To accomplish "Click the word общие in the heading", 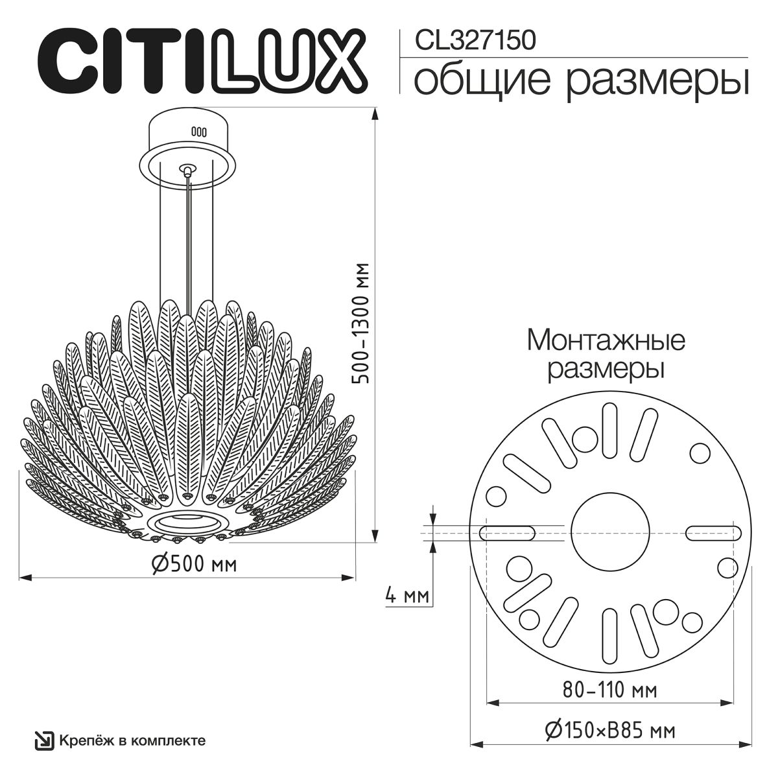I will (x=482, y=82).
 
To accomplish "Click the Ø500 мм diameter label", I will (x=194, y=564).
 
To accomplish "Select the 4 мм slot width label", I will (x=407, y=595).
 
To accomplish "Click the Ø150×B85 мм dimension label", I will (x=610, y=731).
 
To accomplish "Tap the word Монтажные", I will (x=606, y=340).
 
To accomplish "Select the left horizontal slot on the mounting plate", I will (x=507, y=533).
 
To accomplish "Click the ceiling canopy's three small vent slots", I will (x=198, y=131).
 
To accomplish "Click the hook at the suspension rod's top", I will (x=188, y=171).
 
